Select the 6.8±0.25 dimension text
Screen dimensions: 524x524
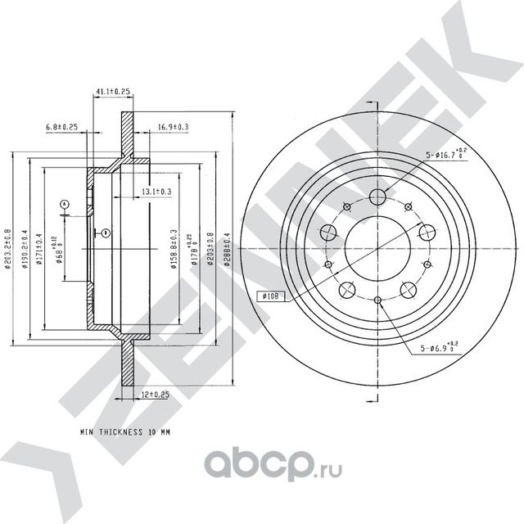61,128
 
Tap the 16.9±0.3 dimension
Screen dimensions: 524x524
173,128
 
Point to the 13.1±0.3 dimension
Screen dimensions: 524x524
156,191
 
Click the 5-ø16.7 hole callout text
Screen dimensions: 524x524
445,154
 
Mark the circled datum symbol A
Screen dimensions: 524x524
64,203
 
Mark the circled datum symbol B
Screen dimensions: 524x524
106,233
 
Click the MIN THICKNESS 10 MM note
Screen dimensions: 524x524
129,429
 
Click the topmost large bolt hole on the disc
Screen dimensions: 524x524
377,196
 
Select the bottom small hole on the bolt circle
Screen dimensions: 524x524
377,300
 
